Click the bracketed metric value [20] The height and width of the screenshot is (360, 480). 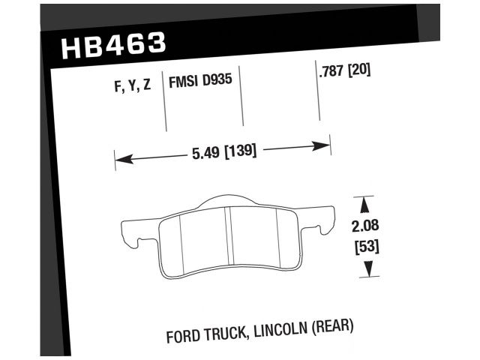point(359,72)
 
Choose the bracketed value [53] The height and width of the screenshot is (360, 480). point(365,247)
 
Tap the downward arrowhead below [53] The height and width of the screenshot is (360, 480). point(365,271)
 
